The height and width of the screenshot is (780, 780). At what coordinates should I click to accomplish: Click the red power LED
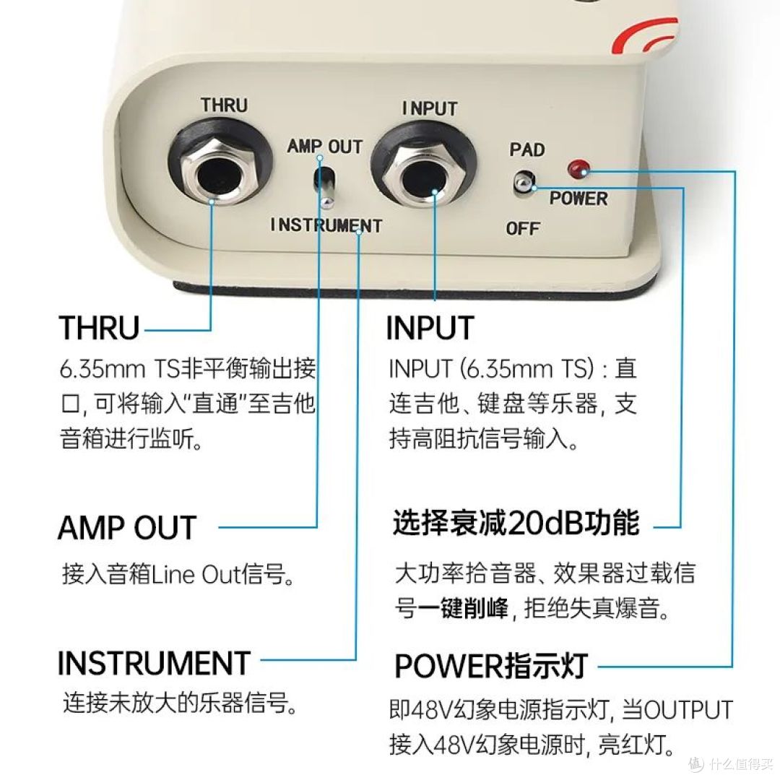click(578, 168)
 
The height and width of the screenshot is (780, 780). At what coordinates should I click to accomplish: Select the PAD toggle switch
click(524, 183)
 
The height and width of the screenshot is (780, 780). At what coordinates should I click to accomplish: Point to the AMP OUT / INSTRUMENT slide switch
click(324, 186)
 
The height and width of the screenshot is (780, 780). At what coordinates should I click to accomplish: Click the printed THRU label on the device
click(225, 105)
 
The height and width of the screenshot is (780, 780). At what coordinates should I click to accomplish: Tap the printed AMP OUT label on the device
click(325, 146)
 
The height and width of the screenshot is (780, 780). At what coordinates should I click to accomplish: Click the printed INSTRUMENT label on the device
click(326, 225)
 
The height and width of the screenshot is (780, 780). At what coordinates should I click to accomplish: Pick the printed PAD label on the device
click(527, 149)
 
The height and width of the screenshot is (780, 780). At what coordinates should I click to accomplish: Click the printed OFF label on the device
click(523, 229)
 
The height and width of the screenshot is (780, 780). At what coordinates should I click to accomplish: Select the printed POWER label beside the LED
click(578, 199)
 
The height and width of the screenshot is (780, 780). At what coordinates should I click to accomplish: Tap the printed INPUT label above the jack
click(430, 109)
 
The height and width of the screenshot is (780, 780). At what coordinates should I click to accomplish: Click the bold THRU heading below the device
click(99, 328)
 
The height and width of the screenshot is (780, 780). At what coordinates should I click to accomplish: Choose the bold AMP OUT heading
click(127, 528)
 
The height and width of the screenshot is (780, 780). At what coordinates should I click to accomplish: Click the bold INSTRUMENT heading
click(154, 663)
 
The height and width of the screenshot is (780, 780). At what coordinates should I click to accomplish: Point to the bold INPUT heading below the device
click(430, 328)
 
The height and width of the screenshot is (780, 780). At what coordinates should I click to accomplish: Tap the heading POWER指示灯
click(491, 666)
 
